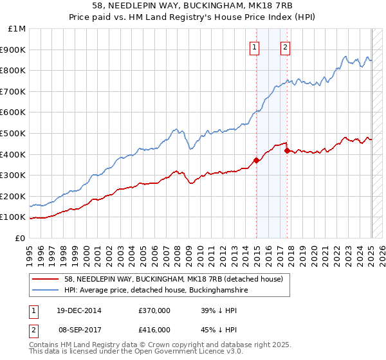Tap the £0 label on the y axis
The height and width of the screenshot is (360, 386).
point(21,238)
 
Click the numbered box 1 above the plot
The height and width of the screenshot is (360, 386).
point(255,46)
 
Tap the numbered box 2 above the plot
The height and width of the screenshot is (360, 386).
point(284,46)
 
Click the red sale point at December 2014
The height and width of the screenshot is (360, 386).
point(257,160)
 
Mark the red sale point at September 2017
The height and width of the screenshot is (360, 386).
point(288,150)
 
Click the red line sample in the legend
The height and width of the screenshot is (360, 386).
point(46,279)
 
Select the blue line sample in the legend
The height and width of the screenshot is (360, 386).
point(46,290)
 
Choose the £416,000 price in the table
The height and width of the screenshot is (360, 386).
point(154,329)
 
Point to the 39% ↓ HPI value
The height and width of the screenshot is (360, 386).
point(219,310)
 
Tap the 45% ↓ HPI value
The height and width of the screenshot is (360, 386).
point(219,329)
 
